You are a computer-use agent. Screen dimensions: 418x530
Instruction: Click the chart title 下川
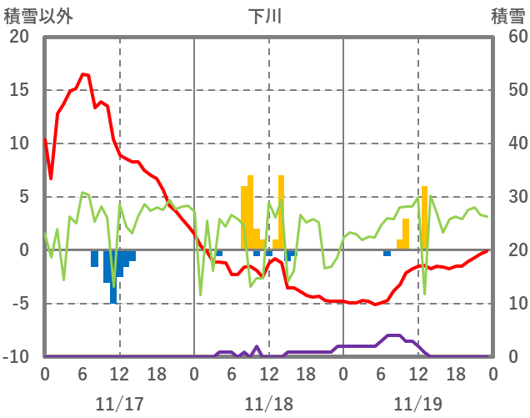[265, 17]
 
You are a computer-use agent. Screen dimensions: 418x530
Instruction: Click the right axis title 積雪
[507, 17]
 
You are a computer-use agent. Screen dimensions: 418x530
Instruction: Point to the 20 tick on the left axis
[18, 37]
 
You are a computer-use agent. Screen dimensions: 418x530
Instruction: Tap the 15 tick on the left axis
[18, 90]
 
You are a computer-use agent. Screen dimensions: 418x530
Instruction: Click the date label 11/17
[119, 404]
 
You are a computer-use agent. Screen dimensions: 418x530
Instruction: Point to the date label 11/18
[268, 404]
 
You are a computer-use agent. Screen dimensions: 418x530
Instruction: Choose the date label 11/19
[418, 404]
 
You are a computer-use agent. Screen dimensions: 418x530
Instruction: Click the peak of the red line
[83, 74]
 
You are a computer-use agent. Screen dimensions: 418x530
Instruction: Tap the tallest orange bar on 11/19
[424, 217]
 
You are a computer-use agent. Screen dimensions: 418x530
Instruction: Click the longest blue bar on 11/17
[113, 277]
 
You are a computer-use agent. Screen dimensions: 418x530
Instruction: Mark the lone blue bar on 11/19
[387, 253]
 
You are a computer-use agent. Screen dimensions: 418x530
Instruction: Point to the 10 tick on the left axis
[18, 144]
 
